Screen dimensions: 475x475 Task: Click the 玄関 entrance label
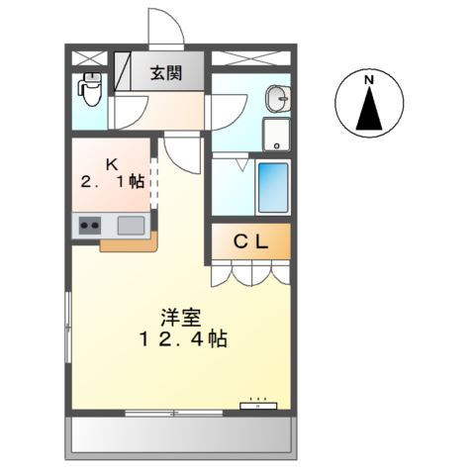point(166,72)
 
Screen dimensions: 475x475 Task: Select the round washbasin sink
point(276,98)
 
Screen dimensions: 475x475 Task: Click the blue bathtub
point(272,186)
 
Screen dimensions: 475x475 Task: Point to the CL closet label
point(248,239)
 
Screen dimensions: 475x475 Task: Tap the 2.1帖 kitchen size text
point(113,182)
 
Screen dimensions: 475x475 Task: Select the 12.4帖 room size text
point(183,339)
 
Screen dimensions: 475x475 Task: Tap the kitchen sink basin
point(131,225)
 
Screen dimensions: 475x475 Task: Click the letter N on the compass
point(368,80)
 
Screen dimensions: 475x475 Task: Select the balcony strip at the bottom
point(182,432)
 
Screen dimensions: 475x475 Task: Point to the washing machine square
point(276,135)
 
